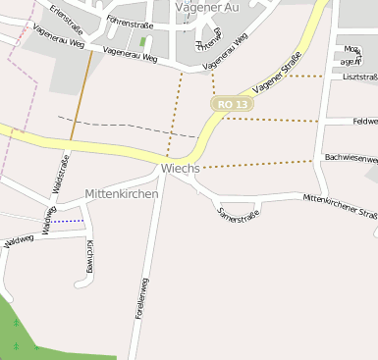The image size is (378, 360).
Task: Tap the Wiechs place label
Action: point(180,169)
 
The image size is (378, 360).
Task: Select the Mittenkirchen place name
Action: point(122,194)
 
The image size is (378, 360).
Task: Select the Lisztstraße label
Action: point(359,77)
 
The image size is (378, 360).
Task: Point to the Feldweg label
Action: point(364,122)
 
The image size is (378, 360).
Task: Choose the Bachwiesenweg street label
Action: point(351,157)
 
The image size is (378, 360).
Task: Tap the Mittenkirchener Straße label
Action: point(340,205)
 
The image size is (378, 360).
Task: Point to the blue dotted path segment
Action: point(69,222)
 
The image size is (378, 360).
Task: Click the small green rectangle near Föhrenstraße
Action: point(142,42)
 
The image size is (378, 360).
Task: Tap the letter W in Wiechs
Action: point(166,169)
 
